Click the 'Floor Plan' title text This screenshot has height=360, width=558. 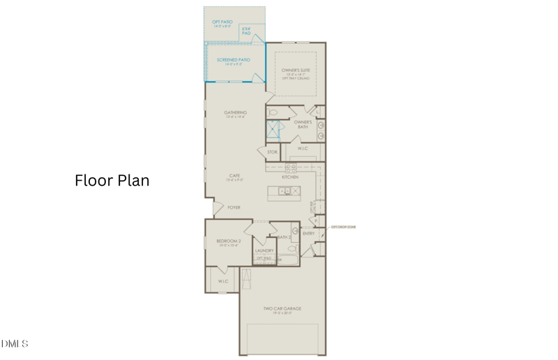tap(112, 180)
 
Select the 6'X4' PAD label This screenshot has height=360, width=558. tap(247, 31)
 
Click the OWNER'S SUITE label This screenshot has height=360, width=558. tap(296, 70)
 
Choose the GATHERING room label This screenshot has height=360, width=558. tap(236, 112)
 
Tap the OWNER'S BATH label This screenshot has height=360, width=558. tap(303, 123)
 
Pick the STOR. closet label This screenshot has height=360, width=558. tap(272, 151)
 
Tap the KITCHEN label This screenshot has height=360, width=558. tap(290, 177)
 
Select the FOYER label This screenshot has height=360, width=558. tap(234, 207)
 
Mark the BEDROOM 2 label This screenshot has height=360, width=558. tap(229, 241)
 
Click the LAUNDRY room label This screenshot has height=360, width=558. tap(264, 250)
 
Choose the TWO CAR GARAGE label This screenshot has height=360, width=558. tap(282, 308)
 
